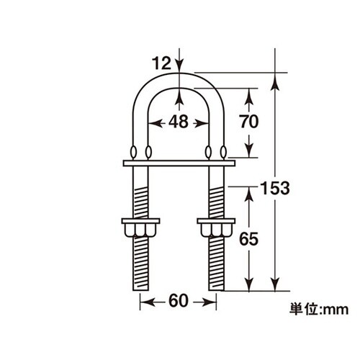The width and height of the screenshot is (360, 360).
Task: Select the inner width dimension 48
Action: click(x=179, y=122)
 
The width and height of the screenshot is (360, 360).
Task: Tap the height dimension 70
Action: click(x=249, y=122)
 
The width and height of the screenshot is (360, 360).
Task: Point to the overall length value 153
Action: click(x=275, y=188)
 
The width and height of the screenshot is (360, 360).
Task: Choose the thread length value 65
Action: click(x=249, y=239)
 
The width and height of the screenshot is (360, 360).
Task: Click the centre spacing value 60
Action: click(x=179, y=301)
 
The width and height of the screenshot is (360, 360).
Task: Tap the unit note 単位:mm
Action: click(x=319, y=309)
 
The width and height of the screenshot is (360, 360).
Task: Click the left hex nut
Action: click(x=140, y=228)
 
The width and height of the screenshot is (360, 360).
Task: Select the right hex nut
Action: click(x=216, y=228)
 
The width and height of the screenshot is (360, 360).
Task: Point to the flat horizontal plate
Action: click(x=179, y=163)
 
